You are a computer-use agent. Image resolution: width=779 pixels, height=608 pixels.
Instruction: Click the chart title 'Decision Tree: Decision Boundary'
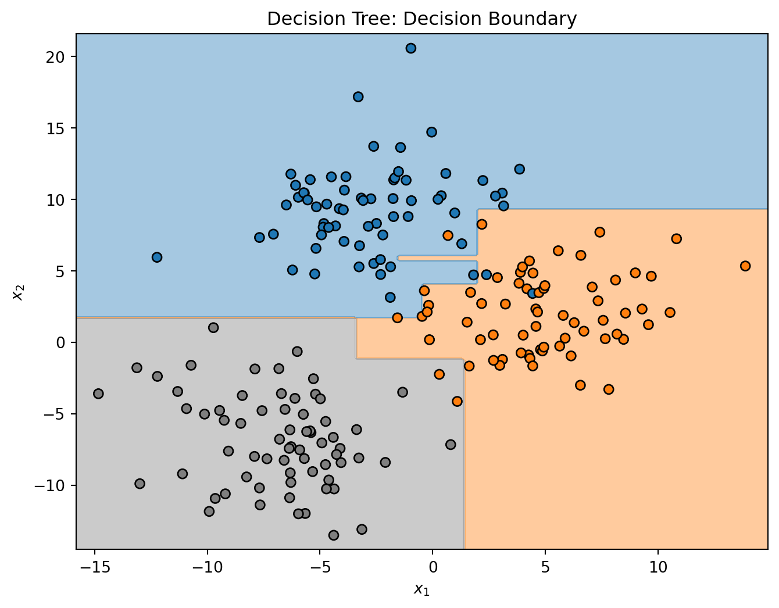tap(421, 19)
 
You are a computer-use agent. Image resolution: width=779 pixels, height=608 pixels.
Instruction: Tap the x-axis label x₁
tap(421, 589)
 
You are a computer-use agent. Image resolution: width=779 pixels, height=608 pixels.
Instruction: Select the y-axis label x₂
tap(17, 291)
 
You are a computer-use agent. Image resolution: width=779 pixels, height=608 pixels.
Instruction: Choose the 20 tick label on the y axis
tap(58, 57)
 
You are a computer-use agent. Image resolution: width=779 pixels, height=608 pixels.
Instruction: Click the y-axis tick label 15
tap(58, 128)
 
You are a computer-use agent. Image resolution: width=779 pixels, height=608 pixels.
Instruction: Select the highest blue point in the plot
tap(410, 48)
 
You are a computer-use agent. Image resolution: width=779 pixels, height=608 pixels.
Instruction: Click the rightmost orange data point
tap(745, 266)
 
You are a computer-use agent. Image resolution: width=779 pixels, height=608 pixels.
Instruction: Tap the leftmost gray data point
tap(98, 394)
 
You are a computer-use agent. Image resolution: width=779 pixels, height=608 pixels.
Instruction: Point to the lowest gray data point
tap(334, 535)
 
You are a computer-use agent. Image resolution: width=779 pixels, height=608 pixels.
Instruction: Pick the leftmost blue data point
tap(157, 257)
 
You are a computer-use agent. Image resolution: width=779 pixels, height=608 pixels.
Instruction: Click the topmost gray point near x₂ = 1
tap(213, 328)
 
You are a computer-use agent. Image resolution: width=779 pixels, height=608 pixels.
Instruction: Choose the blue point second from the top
tap(358, 97)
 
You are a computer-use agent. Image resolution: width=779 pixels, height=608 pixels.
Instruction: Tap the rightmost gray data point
tap(451, 445)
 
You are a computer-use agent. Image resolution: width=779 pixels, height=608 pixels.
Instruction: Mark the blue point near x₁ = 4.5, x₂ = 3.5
tap(533, 293)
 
